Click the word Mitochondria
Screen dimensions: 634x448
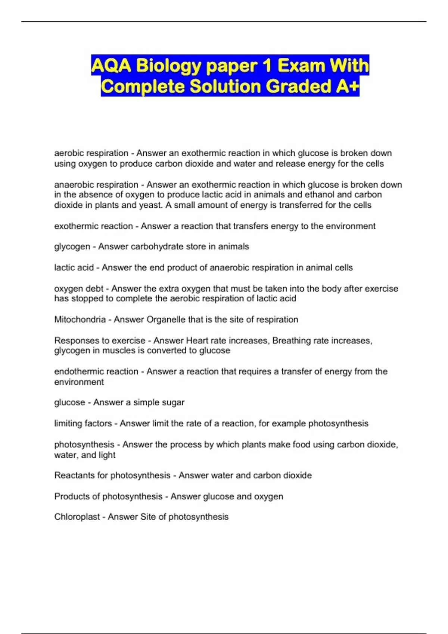point(80,320)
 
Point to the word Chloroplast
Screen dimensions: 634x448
point(77,517)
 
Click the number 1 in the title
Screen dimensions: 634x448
point(267,66)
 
